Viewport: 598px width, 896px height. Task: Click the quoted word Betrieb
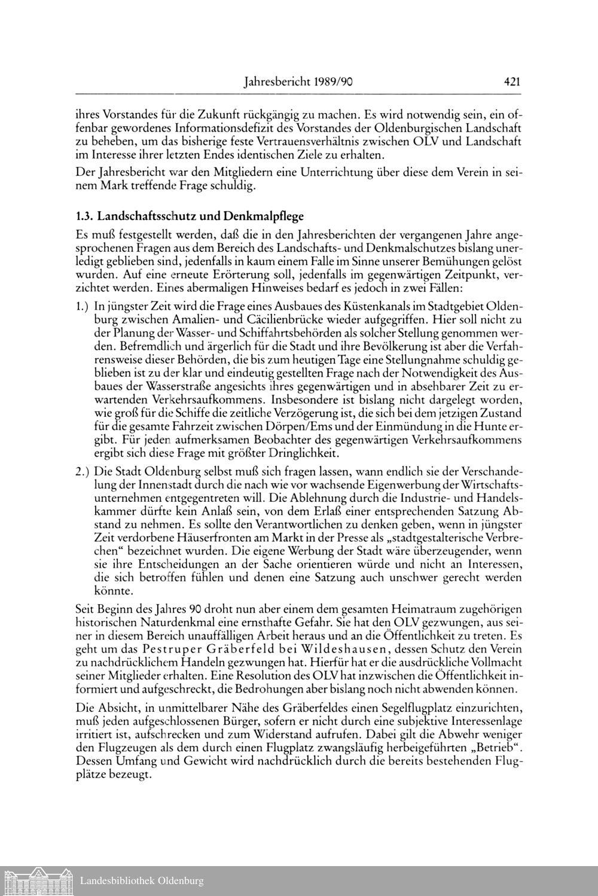click(496, 748)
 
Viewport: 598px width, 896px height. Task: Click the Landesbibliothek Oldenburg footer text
click(141, 880)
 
